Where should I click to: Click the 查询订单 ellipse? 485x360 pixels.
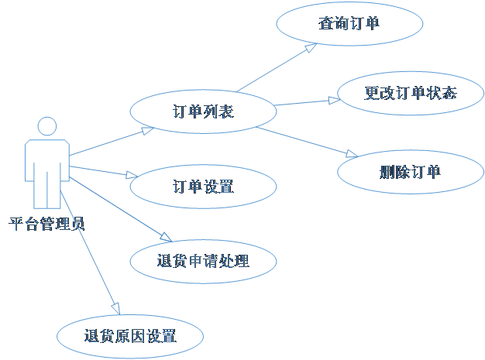coord(349,24)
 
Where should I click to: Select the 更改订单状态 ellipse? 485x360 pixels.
coord(410,94)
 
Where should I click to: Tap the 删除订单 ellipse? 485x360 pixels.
coord(410,172)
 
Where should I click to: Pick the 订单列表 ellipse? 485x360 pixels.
coord(203,111)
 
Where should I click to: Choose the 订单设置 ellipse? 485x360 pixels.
coord(203,187)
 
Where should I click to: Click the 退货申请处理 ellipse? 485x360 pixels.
coord(203,261)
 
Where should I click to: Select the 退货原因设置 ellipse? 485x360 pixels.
coord(130,336)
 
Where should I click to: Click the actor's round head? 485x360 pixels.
coord(47,126)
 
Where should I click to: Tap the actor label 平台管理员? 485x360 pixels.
coord(46,225)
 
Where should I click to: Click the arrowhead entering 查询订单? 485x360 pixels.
coord(312,47)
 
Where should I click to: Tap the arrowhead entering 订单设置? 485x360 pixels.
coord(132,177)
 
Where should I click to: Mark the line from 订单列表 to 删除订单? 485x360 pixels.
coord(306,141)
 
